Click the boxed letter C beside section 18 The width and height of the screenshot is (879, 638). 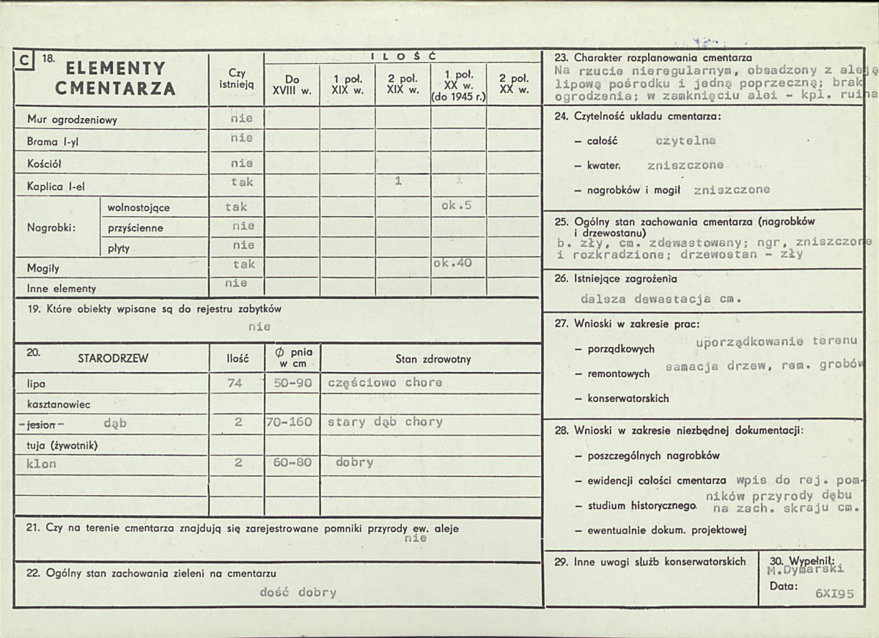click(x=25, y=62)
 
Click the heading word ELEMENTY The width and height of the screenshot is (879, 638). click(x=116, y=68)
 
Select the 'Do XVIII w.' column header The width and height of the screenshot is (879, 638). click(x=292, y=85)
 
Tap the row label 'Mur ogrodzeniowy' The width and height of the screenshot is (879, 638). click(x=72, y=119)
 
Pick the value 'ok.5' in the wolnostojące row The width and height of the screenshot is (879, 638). click(x=456, y=206)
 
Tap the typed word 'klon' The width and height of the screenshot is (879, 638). click(x=41, y=464)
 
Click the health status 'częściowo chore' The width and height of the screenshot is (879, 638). click(x=385, y=382)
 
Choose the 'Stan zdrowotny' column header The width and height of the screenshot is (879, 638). click(x=433, y=359)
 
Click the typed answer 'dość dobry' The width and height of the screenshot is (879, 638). click(x=298, y=593)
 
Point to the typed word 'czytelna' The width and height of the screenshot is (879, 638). click(x=685, y=140)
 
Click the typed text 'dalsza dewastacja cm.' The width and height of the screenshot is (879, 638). click(x=661, y=299)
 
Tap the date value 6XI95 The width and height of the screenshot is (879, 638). click(x=834, y=594)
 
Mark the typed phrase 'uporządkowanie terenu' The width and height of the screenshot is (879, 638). click(x=776, y=341)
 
